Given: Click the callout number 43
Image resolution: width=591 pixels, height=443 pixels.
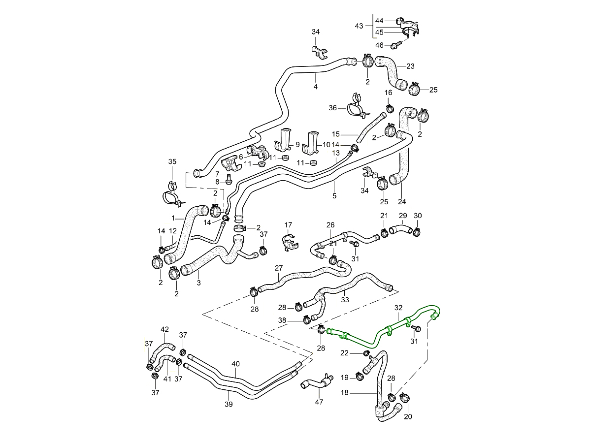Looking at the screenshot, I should click(x=359, y=26).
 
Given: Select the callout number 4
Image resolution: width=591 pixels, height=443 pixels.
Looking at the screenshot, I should click(x=315, y=87).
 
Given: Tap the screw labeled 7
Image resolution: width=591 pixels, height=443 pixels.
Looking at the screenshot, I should click(x=229, y=175).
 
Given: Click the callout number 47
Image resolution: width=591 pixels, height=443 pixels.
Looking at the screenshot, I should click(x=319, y=402).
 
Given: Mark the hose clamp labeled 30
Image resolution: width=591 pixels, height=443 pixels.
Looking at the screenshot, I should click(x=416, y=231).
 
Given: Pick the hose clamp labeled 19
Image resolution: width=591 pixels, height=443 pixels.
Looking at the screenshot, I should click(x=360, y=378).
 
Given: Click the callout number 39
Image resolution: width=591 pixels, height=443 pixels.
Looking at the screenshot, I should click(x=229, y=404).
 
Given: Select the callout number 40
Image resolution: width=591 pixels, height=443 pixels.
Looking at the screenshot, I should click(x=235, y=364).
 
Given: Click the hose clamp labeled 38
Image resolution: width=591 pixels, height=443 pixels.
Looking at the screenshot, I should click(x=306, y=320).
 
